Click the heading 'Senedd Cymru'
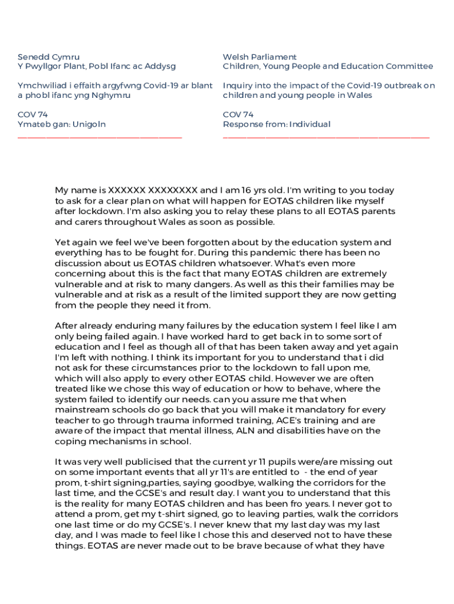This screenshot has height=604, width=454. tap(48, 57)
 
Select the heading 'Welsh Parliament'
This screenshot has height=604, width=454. tap(259, 57)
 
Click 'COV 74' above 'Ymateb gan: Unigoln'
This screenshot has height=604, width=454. tap(32, 114)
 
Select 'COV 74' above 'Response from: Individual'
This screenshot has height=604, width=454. tap(238, 114)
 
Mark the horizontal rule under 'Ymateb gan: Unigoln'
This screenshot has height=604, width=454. tap(100, 137)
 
